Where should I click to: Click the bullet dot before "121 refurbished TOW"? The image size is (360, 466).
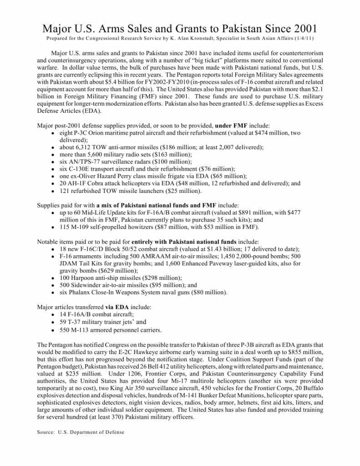pos(54,191)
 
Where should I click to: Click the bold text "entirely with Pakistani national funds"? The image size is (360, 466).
pos(183,242)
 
